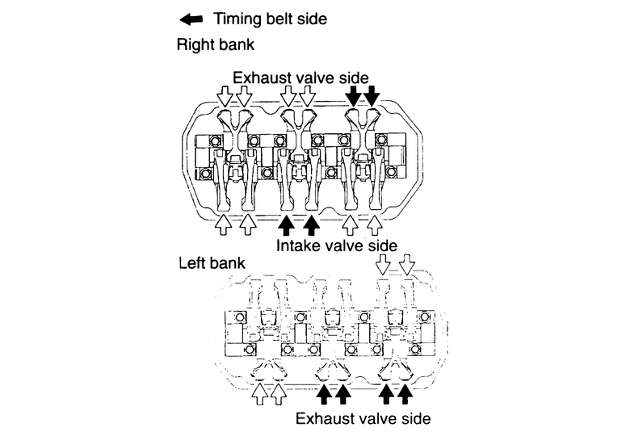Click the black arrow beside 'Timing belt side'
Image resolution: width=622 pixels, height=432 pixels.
click(195, 18)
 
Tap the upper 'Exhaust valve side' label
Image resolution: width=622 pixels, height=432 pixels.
click(301, 78)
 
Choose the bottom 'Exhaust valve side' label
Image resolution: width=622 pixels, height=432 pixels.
click(363, 418)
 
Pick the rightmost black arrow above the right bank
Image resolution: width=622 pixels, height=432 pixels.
click(372, 98)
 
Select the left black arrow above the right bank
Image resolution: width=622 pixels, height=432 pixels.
click(353, 98)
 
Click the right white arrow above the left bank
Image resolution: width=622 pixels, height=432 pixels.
click(407, 265)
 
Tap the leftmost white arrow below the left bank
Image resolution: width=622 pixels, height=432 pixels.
click(259, 394)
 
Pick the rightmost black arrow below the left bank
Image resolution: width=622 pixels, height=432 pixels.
click(406, 394)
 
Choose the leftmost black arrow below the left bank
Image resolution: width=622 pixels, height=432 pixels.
click(323, 394)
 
